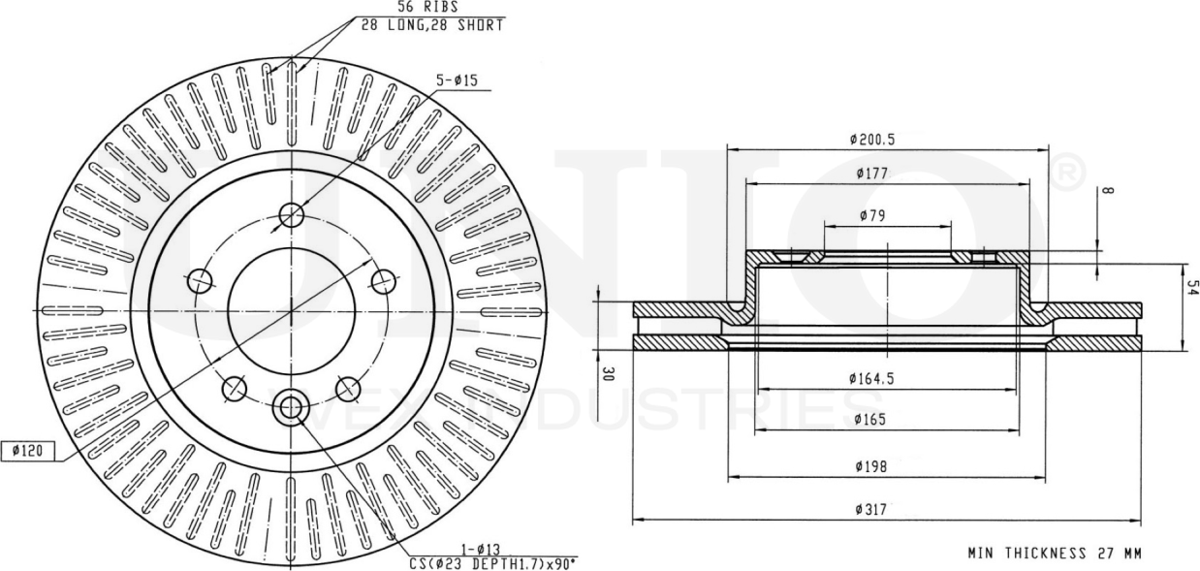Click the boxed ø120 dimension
pyautogui.click(x=28, y=451)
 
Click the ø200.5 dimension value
pyautogui.click(x=872, y=140)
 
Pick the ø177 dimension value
pyautogui.click(x=872, y=174)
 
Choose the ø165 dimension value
pyautogui.click(x=872, y=420)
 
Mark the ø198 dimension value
pyautogui.click(x=872, y=466)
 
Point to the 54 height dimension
pyautogui.click(x=1192, y=289)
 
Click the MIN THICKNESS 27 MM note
pyautogui.click(x=1055, y=554)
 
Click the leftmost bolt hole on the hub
pyautogui.click(x=199, y=281)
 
